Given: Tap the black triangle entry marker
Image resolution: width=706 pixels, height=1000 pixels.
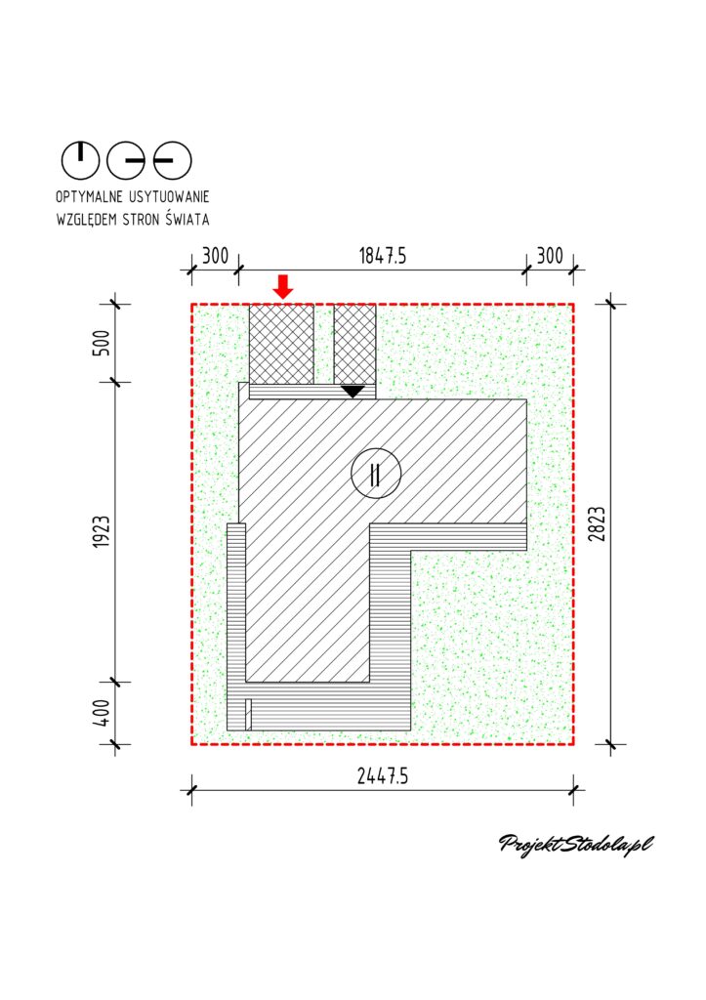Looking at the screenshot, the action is [x=353, y=391].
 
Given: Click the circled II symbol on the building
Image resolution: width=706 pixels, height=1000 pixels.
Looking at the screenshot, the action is [x=376, y=474].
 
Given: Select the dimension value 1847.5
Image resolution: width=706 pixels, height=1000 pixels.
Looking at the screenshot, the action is [x=383, y=257].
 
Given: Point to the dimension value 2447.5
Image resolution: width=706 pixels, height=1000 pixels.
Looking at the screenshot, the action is [x=383, y=776].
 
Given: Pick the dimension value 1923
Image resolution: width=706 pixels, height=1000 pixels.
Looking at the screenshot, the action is [x=102, y=532].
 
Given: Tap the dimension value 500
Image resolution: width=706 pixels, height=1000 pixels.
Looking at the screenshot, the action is [x=102, y=343].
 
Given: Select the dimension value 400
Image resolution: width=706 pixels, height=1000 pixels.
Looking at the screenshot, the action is [x=102, y=713].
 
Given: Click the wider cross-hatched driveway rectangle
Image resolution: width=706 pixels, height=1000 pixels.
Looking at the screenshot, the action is [x=281, y=344].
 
